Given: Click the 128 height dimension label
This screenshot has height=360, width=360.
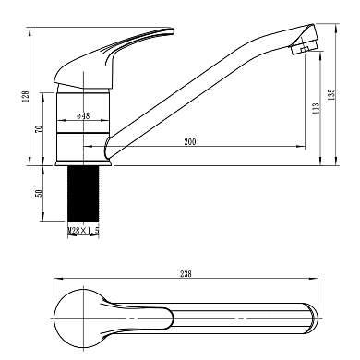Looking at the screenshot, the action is coord(26,96).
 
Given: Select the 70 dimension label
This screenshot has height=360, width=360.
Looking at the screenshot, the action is coord(39,128).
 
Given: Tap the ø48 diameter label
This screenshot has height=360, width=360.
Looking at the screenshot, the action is coord(83,116).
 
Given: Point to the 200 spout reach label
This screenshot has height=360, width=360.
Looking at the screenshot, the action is coord(190,142).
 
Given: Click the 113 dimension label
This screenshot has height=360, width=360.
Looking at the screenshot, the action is coord(316,109).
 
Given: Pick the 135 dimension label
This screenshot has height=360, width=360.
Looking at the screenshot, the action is coord(330,95).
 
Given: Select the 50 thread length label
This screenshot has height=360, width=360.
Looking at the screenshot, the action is coord(39,193).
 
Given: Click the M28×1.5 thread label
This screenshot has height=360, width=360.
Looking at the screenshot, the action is coord(83,230).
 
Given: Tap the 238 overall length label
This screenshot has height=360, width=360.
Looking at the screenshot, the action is coord(186,274).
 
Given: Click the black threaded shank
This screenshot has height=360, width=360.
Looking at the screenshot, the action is coord(83,194).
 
